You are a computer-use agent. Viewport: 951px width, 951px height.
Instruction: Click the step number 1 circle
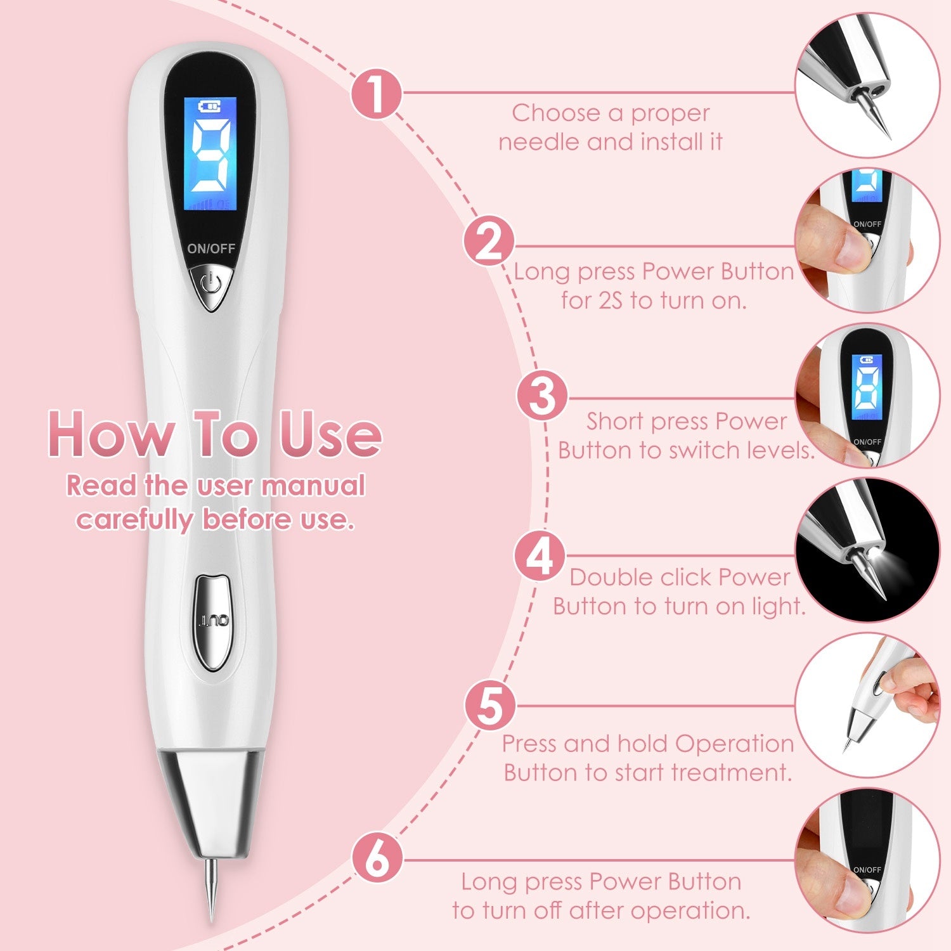coord(377,94)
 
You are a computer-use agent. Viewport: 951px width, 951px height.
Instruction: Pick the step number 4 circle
coord(540,557)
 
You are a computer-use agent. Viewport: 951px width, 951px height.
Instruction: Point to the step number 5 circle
coord(490,705)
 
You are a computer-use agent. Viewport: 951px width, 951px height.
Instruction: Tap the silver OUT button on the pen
coord(213,621)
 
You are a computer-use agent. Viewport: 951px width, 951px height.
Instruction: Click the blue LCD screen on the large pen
coord(210,154)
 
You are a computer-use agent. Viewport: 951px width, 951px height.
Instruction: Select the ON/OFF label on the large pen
coord(211,249)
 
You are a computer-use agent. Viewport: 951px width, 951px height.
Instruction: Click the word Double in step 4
coord(609,578)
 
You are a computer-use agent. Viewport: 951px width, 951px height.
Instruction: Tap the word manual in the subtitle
coord(314,486)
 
